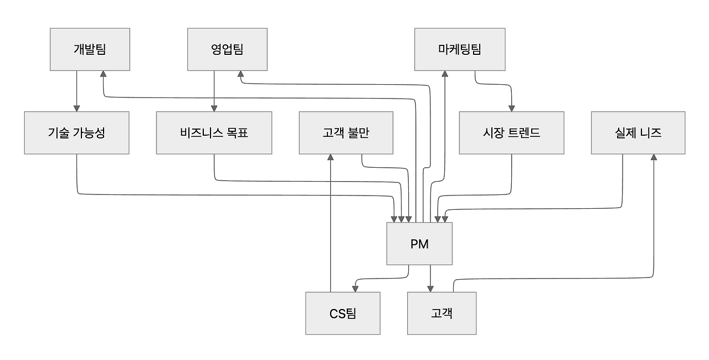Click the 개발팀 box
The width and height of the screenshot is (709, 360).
click(90, 49)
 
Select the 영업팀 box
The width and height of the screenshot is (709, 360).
click(227, 49)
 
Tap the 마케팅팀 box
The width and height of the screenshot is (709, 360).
click(460, 49)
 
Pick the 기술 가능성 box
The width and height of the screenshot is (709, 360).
click(76, 133)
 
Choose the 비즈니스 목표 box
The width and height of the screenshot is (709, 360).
click(214, 133)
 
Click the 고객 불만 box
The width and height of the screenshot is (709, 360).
click(346, 133)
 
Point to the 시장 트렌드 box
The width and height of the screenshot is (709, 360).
click(511, 133)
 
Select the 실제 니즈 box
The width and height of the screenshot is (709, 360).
click(638, 133)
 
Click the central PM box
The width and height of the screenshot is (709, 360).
click(419, 244)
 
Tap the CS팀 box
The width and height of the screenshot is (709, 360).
click(342, 313)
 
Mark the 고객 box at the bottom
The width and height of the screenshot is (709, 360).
click(441, 313)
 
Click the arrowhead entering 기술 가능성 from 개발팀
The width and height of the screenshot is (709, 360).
click(76, 108)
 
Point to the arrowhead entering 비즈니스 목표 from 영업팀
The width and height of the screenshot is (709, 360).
click(214, 108)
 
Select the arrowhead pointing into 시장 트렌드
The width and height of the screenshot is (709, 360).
click(511, 108)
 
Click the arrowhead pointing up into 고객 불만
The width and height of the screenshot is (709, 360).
click(331, 158)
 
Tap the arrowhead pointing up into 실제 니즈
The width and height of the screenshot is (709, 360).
click(654, 158)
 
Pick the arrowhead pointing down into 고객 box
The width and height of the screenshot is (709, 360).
click(430, 289)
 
